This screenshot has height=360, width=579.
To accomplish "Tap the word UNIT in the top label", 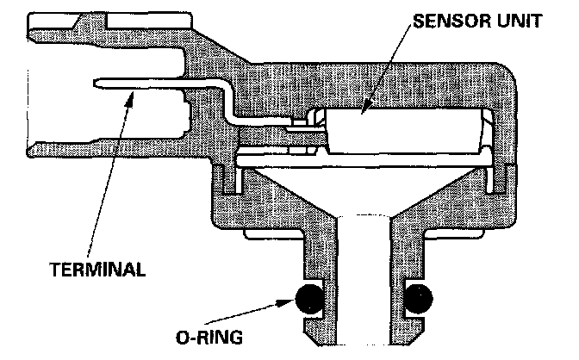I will click(x=515, y=22).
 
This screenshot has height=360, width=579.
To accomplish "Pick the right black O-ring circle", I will click(x=417, y=298).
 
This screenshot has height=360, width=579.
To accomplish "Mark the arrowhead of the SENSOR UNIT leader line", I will click(x=365, y=113).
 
